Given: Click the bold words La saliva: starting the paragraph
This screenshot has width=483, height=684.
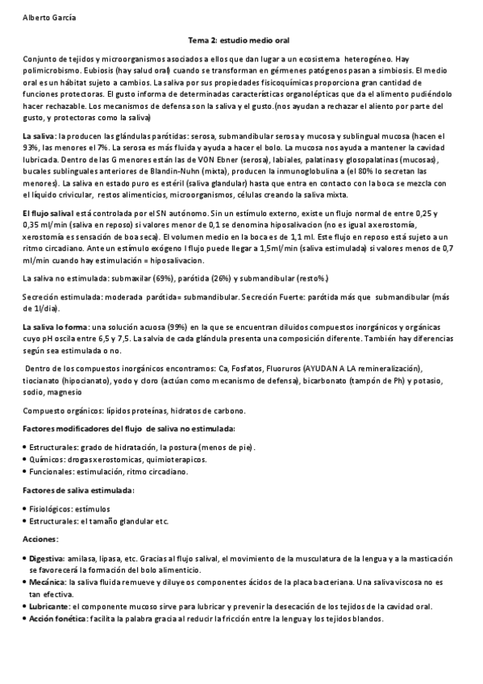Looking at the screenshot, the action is tap(40, 135).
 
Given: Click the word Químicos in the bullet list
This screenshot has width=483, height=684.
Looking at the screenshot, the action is tap(44, 458).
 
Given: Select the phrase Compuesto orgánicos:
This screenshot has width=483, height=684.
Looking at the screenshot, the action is tap(57, 409).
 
